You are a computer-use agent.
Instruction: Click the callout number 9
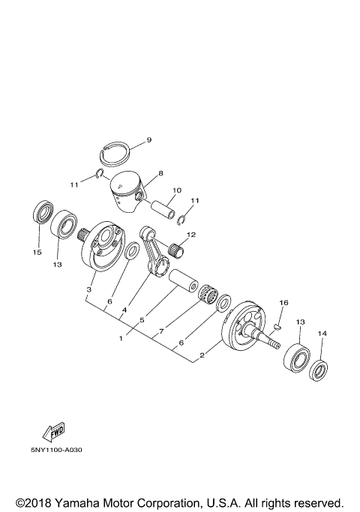[x=148, y=139]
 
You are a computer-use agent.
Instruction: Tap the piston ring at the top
[x=116, y=154]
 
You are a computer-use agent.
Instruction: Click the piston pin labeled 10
[x=163, y=205]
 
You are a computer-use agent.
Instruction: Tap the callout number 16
[x=283, y=303]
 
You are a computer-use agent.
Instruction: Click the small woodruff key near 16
[x=276, y=326]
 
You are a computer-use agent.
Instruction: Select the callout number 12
[x=190, y=235]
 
